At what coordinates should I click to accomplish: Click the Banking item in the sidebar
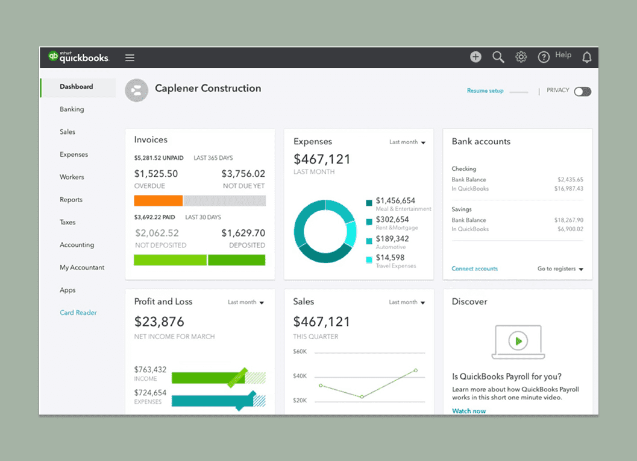[72, 109]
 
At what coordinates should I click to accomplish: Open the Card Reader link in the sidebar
[78, 313]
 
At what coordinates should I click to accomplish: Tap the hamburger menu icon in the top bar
[130, 58]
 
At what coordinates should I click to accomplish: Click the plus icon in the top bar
[475, 57]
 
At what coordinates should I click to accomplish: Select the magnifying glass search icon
[498, 57]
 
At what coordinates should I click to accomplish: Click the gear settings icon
[521, 57]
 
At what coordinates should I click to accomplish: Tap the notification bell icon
[586, 57]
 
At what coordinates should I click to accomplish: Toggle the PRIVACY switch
[582, 92]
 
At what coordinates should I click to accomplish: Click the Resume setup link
[485, 91]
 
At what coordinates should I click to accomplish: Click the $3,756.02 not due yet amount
[243, 174]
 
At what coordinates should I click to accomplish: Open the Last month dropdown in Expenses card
[407, 142]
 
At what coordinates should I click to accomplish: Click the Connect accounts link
[475, 269]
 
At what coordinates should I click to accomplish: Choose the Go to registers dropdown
[560, 269]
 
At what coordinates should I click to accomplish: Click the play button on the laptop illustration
[517, 341]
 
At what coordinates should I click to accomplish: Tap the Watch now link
[469, 411]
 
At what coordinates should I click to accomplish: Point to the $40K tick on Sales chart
[300, 376]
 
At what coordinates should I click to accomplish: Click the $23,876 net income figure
[159, 322]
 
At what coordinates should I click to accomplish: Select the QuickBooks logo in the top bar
[79, 57]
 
